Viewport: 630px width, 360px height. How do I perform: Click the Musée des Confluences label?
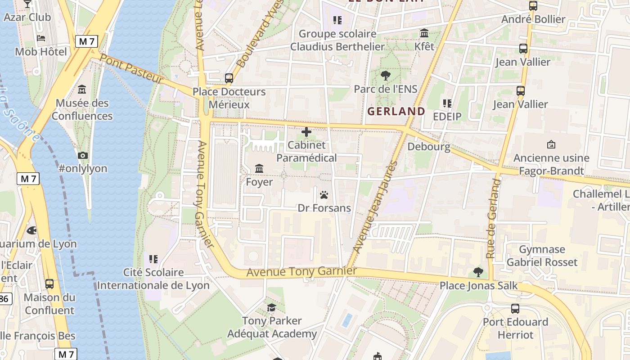click(82, 109)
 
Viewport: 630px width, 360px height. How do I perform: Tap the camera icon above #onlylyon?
click(83, 155)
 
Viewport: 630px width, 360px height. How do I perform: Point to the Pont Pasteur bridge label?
click(131, 68)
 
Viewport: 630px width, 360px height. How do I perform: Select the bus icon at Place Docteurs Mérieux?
click(229, 78)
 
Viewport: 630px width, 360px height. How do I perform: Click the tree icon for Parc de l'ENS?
click(385, 75)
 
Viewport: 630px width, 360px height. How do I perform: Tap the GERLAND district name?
click(396, 111)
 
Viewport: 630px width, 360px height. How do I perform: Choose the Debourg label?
click(428, 147)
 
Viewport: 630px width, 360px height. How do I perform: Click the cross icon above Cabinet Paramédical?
click(306, 132)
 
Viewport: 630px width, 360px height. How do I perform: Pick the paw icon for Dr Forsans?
click(324, 195)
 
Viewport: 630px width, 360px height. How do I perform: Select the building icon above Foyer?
click(259, 169)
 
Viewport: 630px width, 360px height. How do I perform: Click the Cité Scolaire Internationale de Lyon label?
click(153, 279)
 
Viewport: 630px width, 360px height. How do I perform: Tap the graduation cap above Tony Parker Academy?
click(271, 307)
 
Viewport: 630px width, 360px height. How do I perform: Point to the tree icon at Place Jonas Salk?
click(478, 272)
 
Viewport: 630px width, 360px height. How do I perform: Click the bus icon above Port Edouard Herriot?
click(515, 309)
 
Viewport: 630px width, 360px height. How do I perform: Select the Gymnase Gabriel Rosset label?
click(542, 256)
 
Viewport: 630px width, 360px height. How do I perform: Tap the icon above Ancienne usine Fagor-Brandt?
click(551, 144)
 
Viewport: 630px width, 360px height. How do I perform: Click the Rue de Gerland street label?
click(494, 218)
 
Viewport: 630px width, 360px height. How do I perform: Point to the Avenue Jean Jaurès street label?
click(375, 207)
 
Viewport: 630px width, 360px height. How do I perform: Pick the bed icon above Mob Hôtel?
click(41, 38)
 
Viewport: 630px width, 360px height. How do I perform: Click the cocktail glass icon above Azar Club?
click(27, 4)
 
